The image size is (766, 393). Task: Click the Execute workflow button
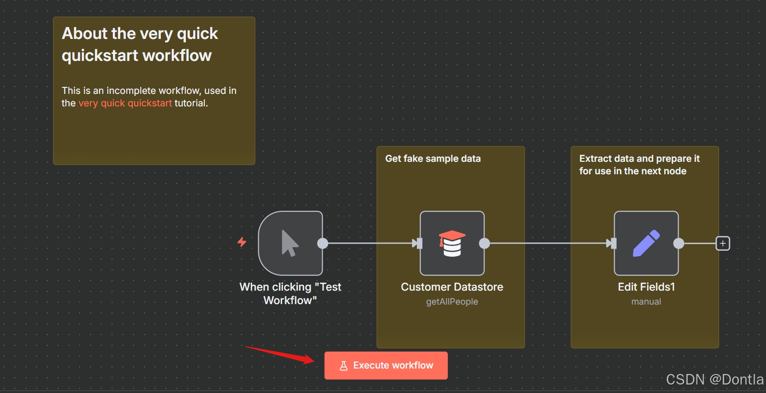386,366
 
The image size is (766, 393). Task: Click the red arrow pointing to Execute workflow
280,355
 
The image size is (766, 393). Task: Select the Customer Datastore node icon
452,243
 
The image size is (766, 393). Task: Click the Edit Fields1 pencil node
646,243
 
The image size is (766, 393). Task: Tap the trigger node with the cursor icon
290,243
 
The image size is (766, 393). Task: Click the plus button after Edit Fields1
723,243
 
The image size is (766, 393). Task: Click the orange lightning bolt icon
242,242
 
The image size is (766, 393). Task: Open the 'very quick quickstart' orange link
125,103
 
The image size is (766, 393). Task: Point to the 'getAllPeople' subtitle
452,302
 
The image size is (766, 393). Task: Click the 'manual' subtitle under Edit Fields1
646,302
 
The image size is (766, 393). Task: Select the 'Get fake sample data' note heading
433,159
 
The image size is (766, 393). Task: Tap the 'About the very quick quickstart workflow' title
140,44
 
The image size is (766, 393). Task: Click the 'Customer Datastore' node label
452,287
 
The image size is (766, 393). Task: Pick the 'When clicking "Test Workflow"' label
290,294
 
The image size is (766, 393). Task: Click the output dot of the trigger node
323,243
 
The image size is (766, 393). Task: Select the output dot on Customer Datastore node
484,243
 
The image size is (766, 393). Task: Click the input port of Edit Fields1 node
612,243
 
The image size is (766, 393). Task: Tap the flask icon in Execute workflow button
344,366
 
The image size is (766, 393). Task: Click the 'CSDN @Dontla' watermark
715,380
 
